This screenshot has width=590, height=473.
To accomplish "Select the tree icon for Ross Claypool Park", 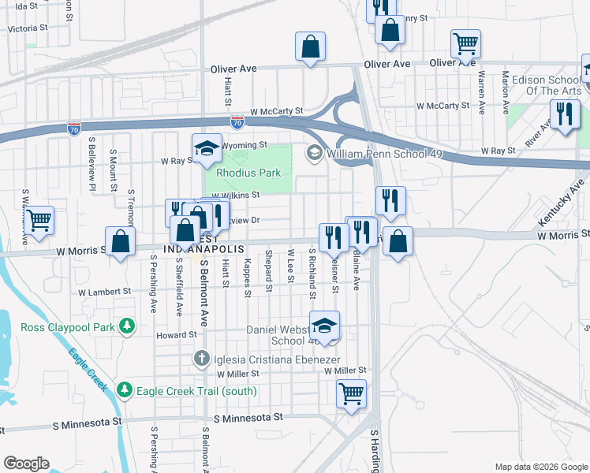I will coord(125,326).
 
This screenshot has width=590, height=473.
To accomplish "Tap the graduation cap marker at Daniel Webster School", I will coord(324,326).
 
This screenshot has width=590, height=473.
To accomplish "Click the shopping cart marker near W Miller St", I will coord(351,393).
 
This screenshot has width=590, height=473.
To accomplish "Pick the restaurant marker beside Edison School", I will coord(564,116).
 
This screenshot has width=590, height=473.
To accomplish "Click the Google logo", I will coord(26,464).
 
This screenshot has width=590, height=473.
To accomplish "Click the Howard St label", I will coord(175,335).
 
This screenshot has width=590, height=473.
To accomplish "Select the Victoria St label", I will coord(28,28).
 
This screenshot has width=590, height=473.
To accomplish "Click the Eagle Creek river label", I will coord(88,370).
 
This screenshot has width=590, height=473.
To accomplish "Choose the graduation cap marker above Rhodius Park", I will coord(206,147).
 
